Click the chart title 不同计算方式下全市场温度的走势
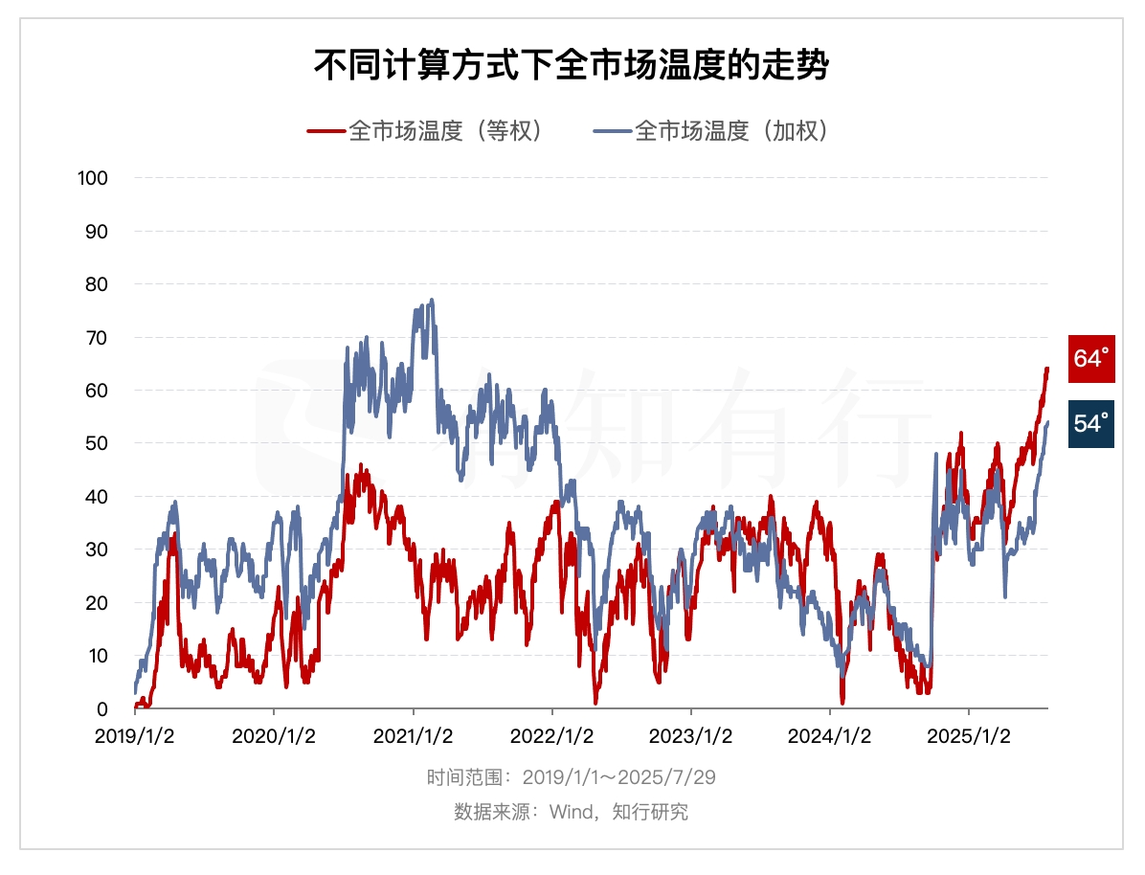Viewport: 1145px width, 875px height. [x=572, y=66]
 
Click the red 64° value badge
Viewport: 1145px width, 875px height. [x=1091, y=359]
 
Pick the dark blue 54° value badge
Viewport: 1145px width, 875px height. [x=1091, y=423]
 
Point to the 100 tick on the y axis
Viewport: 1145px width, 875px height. [x=94, y=178]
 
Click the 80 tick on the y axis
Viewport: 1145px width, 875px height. [x=98, y=284]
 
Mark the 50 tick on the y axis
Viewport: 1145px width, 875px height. [x=98, y=443]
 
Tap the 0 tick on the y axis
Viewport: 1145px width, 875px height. [x=102, y=709]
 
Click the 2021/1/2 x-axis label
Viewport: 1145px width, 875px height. [x=413, y=736]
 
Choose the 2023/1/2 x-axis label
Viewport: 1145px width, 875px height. [x=690, y=736]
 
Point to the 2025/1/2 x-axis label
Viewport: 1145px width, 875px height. [x=969, y=736]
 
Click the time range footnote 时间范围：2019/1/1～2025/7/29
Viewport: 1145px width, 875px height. [x=572, y=776]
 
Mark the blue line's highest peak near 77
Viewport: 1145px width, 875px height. [x=432, y=300]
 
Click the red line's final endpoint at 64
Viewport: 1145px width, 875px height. [x=1047, y=369]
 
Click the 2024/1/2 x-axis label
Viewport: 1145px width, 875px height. [x=830, y=736]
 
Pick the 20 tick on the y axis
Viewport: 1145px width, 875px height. [x=98, y=603]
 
